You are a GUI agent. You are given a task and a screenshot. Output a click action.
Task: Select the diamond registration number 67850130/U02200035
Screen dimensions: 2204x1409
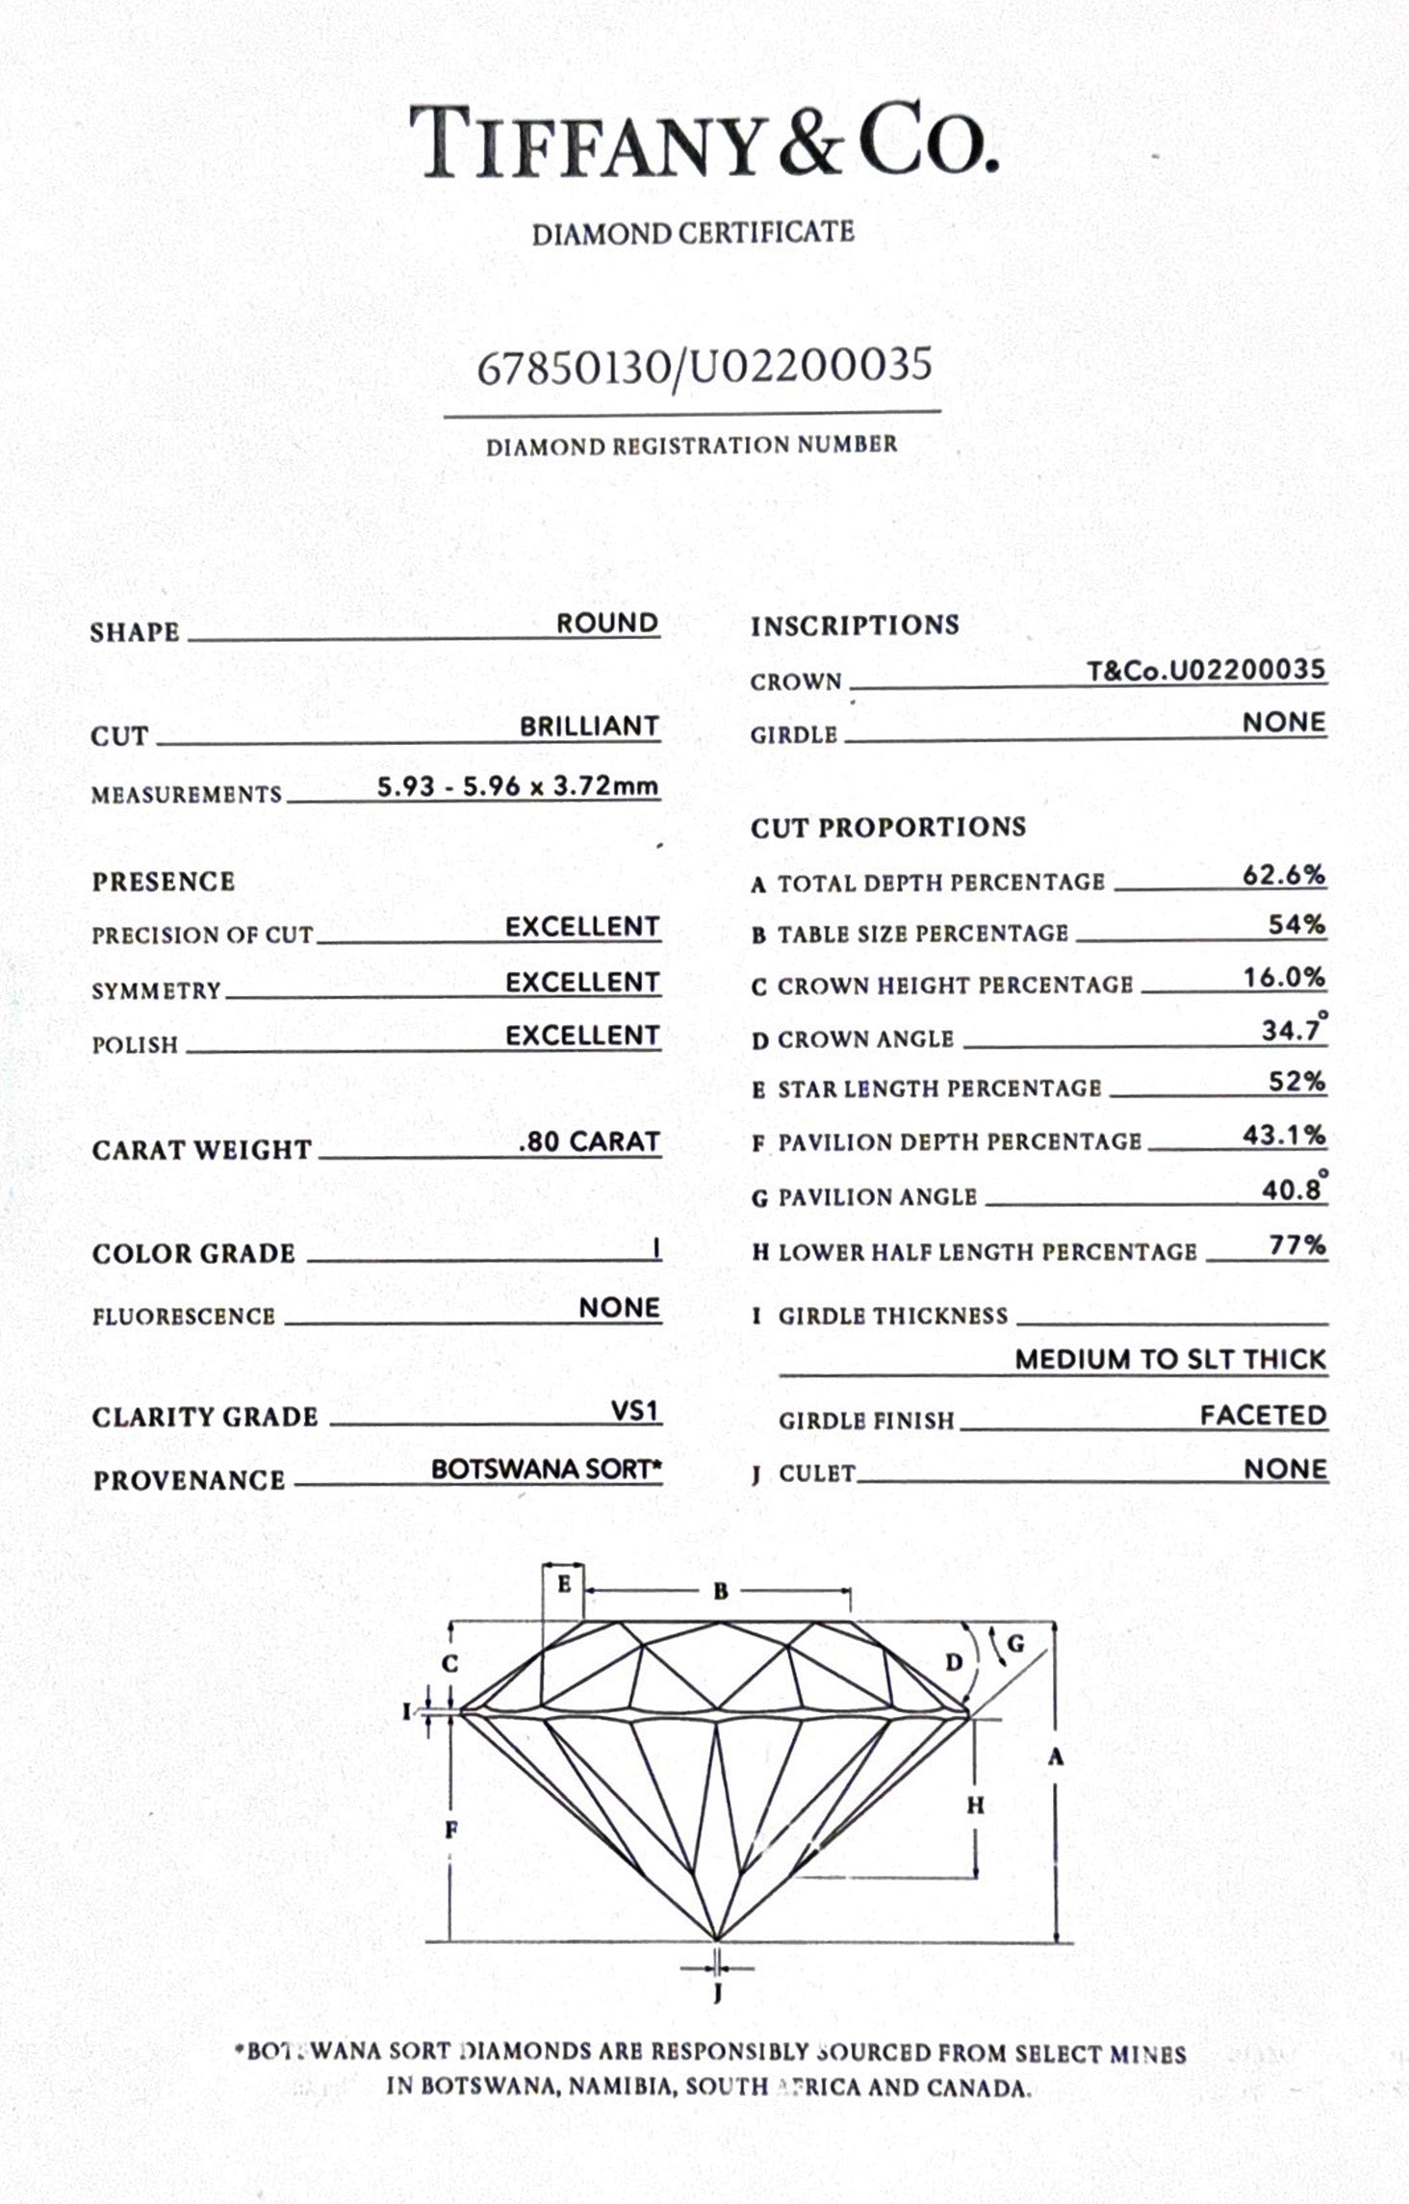[704, 367]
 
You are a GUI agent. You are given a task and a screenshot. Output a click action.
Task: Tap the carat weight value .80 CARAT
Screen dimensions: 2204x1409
[589, 1141]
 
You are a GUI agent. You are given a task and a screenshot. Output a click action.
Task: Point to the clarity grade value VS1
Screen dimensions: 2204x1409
[635, 1411]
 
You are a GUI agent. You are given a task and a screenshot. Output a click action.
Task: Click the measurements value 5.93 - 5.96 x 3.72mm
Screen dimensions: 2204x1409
[518, 786]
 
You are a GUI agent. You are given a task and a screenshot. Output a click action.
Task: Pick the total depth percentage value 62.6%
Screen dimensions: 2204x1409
[1284, 875]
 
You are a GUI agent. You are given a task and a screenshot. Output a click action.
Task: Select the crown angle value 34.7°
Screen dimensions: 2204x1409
[1293, 1031]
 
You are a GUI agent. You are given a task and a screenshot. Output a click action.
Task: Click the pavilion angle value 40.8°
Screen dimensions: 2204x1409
[1293, 1191]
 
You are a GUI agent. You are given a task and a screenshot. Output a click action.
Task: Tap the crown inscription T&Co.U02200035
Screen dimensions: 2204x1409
[1206, 670]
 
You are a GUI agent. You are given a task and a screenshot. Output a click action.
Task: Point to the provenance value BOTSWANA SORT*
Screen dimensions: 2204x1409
[547, 1470]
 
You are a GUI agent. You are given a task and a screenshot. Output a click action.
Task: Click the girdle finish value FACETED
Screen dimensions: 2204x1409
[1263, 1415]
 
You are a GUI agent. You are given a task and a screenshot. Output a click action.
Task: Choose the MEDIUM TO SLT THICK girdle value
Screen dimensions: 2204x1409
[1170, 1359]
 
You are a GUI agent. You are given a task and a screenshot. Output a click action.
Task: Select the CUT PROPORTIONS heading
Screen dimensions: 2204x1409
[887, 827]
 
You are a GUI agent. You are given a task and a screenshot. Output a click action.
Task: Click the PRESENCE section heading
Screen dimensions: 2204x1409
[164, 882]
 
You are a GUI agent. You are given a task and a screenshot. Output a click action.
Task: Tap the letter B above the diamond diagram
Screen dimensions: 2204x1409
[721, 1592]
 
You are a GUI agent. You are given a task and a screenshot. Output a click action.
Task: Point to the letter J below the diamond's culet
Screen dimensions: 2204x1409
[717, 1993]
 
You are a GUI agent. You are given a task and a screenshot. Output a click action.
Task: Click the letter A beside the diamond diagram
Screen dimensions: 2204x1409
[1056, 1758]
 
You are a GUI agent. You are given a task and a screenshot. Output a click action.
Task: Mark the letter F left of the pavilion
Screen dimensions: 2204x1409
[450, 1830]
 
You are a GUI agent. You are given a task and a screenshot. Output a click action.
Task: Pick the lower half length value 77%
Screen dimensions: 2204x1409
[1297, 1245]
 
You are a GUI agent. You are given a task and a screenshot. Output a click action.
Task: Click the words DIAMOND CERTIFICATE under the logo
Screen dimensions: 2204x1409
[693, 233]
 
